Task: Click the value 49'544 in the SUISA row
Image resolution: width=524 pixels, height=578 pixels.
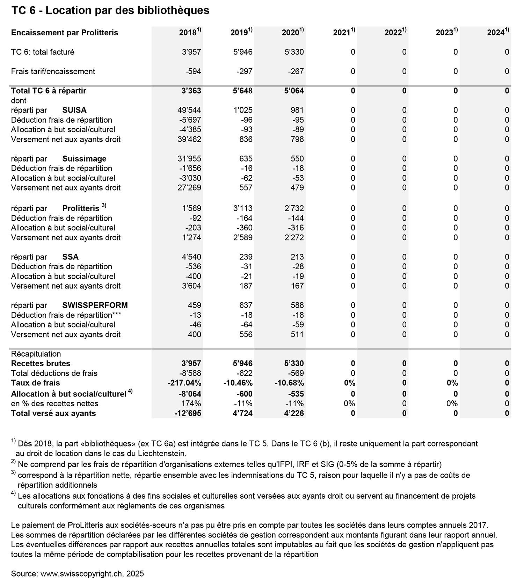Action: point(189,110)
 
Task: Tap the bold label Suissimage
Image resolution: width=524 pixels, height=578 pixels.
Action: point(84,159)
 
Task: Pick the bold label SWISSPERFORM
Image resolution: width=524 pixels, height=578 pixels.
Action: point(95,305)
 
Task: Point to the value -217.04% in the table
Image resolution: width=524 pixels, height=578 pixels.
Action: point(184,383)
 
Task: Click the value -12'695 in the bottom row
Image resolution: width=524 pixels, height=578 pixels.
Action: point(188,413)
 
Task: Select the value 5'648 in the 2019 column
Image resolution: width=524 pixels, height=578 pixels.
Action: point(242,91)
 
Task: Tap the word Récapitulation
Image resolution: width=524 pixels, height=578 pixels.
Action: point(36,354)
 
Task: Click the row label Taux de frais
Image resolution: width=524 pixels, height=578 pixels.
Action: point(35,383)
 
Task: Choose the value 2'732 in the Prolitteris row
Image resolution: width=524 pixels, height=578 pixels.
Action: point(294,208)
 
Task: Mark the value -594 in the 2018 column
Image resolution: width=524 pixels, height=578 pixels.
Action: point(193,71)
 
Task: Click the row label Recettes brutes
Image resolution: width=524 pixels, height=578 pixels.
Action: point(41,364)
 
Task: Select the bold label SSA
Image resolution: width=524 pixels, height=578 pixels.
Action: point(70,257)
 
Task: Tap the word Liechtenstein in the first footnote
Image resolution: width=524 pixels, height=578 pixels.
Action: point(161,454)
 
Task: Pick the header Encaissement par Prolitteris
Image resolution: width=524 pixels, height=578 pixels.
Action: point(65,33)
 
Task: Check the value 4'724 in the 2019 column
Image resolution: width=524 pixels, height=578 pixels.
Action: point(242,413)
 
